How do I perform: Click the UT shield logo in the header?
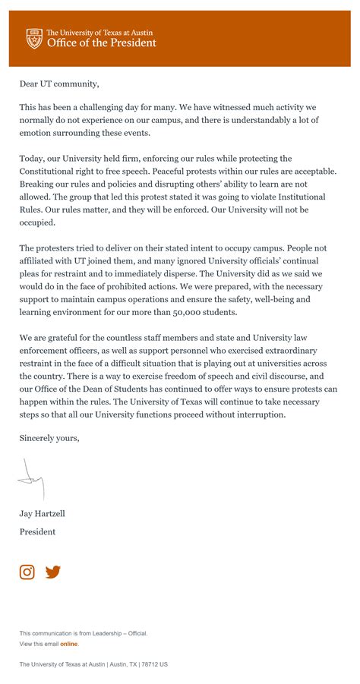(34, 38)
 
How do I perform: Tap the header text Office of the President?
(101, 43)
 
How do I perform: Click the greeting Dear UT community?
(59, 84)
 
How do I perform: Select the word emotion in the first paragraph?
(37, 133)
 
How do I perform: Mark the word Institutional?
(299, 196)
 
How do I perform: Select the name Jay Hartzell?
(43, 513)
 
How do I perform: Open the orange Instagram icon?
(27, 572)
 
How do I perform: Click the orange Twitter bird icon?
(52, 572)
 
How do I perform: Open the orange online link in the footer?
(68, 644)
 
